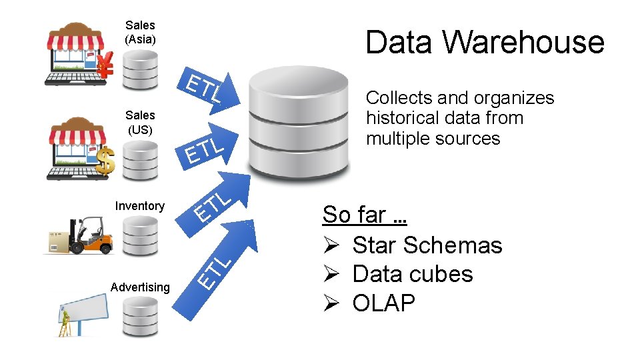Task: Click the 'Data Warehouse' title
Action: [x=485, y=42]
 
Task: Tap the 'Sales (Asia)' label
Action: [x=140, y=32]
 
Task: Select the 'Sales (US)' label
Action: [x=140, y=122]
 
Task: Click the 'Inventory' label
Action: [x=139, y=206]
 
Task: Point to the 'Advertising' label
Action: [x=140, y=287]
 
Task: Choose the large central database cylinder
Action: [x=298, y=120]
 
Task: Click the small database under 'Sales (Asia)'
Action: [x=140, y=69]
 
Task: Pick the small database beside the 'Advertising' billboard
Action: [x=140, y=317]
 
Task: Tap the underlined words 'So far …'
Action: [x=364, y=215]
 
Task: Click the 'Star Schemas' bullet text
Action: [x=427, y=245]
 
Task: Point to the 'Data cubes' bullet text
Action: [x=412, y=274]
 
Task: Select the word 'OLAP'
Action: [x=383, y=303]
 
